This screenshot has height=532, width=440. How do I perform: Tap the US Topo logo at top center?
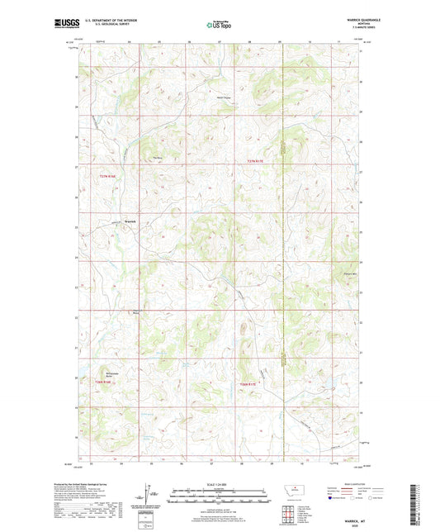pyautogui.click(x=219, y=25)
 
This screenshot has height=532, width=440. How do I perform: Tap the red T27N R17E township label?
pyautogui.click(x=258, y=161)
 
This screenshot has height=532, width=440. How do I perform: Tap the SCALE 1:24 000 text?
pyautogui.click(x=220, y=484)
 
